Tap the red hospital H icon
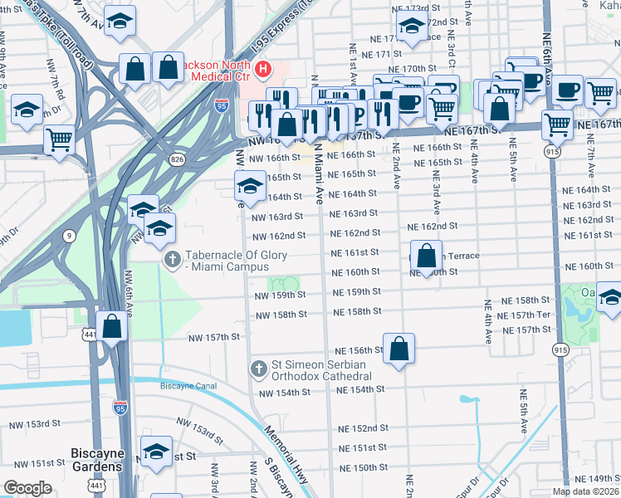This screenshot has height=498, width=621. coord(263,69)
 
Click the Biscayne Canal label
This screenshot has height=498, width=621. coord(188,385)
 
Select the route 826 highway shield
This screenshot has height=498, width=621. coord(178,159)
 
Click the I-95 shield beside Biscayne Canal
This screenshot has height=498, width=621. coord(120,407)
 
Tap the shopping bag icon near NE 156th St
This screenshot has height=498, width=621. coord(399,349)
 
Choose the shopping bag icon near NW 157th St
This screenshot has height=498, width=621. coord(112,325)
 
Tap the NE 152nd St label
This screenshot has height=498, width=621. coord(364,428)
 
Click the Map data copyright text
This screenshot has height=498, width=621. coord(585,491)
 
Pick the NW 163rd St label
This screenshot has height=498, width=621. coord(278,217)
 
